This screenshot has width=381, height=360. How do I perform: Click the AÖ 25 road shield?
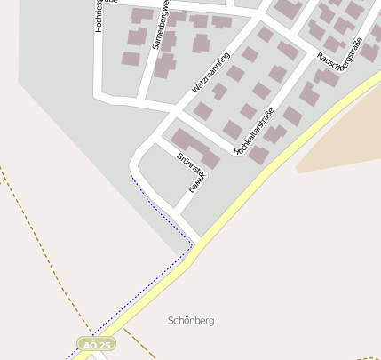pos(96,344)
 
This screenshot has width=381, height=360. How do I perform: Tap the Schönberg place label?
pos(191,320)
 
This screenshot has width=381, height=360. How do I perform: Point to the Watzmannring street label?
pos(210,74)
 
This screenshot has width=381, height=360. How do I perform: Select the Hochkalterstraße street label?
pos(254,132)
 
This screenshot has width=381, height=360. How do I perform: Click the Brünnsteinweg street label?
pos(190,173)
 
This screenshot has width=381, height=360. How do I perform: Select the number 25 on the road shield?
pos(105,344)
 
